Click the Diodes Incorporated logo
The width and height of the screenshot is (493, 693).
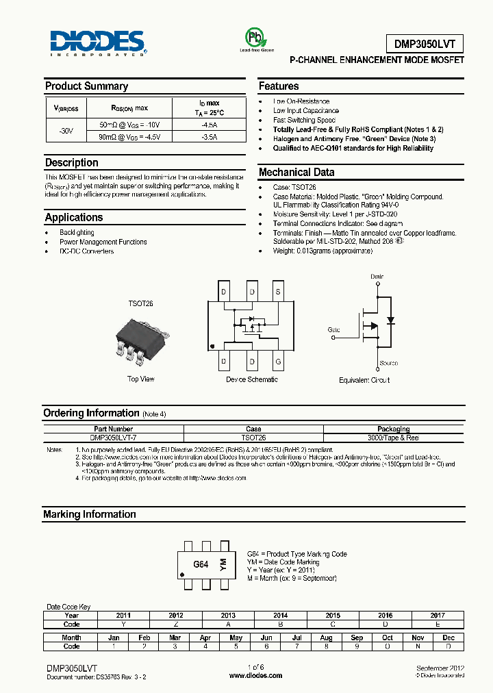point(98,43)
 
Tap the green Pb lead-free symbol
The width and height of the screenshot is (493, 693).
point(256,37)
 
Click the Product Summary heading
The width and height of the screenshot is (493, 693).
point(86,86)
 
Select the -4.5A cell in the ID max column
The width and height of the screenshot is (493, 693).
point(209,125)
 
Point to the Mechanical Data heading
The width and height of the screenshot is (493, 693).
point(296,173)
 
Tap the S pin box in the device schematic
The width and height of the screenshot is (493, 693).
point(278,292)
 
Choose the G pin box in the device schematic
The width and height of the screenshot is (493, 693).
point(278,361)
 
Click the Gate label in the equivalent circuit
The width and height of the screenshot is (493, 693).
point(333,330)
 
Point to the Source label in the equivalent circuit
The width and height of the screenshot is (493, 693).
point(389,364)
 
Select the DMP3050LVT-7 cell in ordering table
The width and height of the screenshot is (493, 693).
point(112,437)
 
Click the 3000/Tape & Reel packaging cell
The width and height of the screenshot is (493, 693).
point(393,437)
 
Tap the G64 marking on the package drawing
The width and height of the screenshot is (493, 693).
point(201,565)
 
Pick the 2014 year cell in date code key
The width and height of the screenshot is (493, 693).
point(280,616)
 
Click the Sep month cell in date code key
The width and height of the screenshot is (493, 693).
point(357,638)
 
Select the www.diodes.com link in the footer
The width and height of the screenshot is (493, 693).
point(255,675)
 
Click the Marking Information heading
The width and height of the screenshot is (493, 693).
point(90,514)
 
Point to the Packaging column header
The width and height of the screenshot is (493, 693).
point(393,429)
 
